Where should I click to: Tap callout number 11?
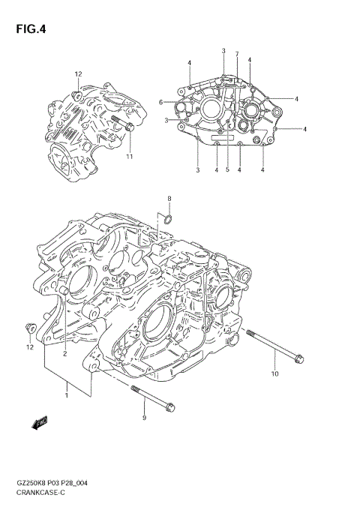coord(128,156)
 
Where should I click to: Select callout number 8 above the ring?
coord(169,198)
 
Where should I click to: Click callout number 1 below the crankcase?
coord(67,387)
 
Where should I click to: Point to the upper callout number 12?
coord(77,73)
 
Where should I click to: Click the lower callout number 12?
coord(30,347)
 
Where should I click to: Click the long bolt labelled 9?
coord(153,397)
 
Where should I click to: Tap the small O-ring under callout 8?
coord(169,220)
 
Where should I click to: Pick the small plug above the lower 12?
coord(31,327)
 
